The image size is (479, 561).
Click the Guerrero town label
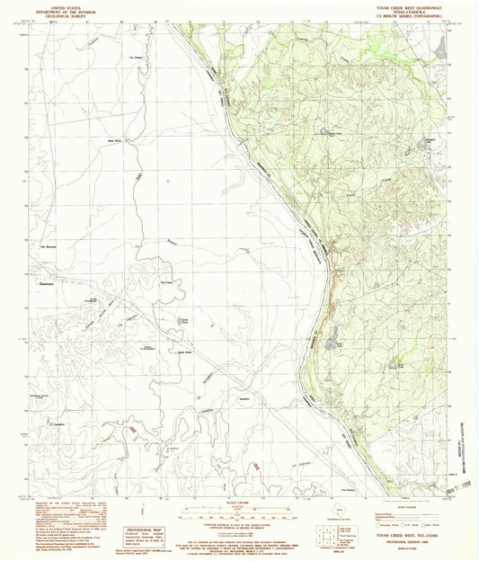48,286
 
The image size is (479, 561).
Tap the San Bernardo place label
49,244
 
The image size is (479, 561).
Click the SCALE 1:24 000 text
238,501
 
